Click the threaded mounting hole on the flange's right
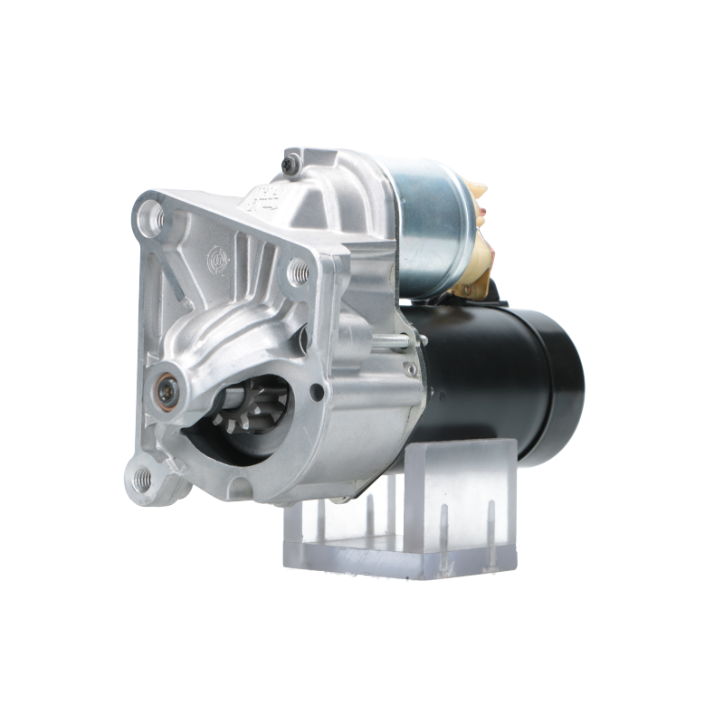coord(294,269)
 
